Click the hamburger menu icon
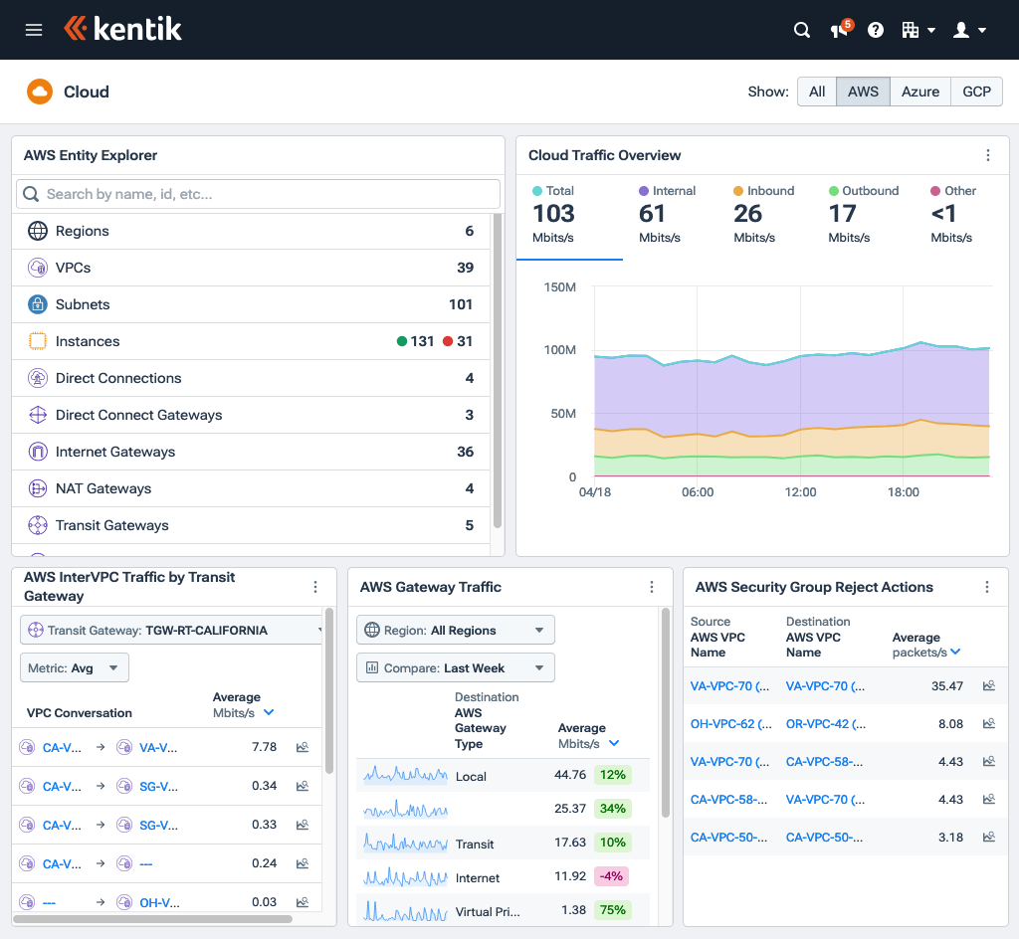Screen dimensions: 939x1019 pyautogui.click(x=34, y=30)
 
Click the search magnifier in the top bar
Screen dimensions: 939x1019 pyautogui.click(x=802, y=30)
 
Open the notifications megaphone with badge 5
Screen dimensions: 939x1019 pyautogui.click(x=840, y=30)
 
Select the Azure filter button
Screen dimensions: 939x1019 pyautogui.click(x=919, y=92)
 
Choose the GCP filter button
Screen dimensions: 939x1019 pyautogui.click(x=976, y=92)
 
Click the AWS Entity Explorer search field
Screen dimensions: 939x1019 pyautogui.click(x=259, y=194)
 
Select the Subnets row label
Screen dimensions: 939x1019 pyautogui.click(x=83, y=304)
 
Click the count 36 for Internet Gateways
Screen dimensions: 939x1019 pyautogui.click(x=465, y=452)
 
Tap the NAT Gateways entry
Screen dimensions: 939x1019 pyautogui.click(x=103, y=488)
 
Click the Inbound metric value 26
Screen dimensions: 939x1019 pyautogui.click(x=747, y=214)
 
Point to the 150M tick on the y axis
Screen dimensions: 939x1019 pyautogui.click(x=560, y=287)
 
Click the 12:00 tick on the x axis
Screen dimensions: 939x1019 pyautogui.click(x=800, y=492)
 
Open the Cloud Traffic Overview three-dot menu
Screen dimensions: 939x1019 pyautogui.click(x=988, y=155)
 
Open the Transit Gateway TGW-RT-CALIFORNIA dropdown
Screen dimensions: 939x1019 pyautogui.click(x=172, y=630)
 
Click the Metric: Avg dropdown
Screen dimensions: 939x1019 pyautogui.click(x=75, y=667)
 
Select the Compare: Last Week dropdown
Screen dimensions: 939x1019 pyautogui.click(x=455, y=667)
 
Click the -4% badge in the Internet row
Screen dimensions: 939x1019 pyautogui.click(x=611, y=876)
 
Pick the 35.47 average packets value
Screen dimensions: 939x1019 pyautogui.click(x=946, y=686)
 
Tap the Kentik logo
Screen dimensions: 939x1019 pyautogui.click(x=123, y=30)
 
